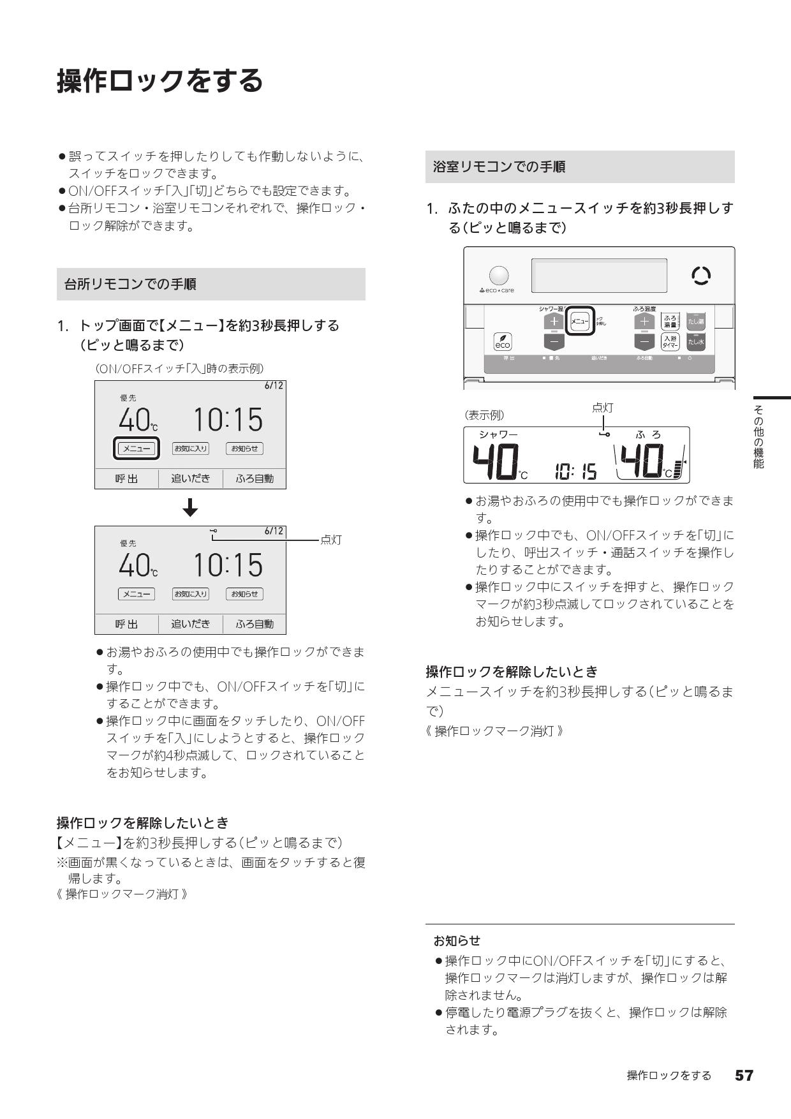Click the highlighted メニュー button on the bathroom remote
point(580,322)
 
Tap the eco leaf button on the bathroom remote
point(503,342)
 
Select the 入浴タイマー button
point(670,341)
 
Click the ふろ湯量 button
point(670,321)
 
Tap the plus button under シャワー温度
point(554,321)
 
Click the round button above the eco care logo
point(499,276)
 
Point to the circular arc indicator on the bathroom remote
point(701,276)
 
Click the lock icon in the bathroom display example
point(603,434)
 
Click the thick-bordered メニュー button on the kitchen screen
point(136,448)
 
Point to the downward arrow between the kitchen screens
point(190,508)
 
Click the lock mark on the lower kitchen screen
point(212,531)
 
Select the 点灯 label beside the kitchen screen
point(331,540)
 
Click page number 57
point(744,1076)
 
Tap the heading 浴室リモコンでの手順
point(499,167)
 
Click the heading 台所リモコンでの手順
point(130,285)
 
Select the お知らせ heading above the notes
point(457,940)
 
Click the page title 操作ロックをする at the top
point(160,81)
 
